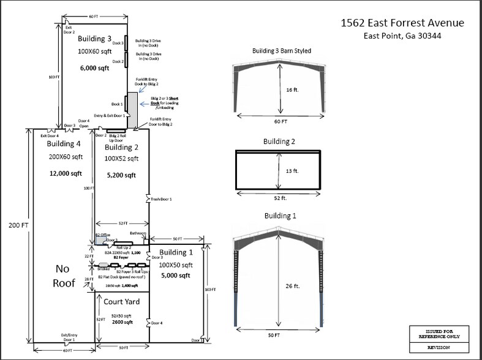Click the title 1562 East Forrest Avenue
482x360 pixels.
click(x=402, y=23)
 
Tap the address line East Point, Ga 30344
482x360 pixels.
click(x=402, y=36)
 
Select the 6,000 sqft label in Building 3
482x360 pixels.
click(x=94, y=69)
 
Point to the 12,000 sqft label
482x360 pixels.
click(x=66, y=173)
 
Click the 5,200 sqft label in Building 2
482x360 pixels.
click(x=121, y=175)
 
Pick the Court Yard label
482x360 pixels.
click(x=121, y=302)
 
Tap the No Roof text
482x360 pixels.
click(x=64, y=276)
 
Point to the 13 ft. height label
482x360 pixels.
click(x=292, y=171)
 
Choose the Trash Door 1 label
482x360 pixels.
click(x=161, y=200)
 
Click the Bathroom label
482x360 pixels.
click(x=138, y=233)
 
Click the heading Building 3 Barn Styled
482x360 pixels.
click(x=281, y=51)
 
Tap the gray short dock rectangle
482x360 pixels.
click(x=132, y=110)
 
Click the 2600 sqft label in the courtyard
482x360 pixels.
click(x=121, y=321)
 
